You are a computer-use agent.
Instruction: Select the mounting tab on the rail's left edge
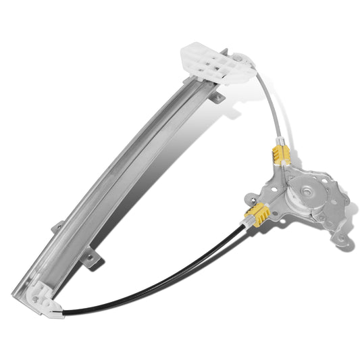click(x=58, y=228)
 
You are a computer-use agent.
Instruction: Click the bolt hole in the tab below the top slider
click(x=217, y=99)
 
